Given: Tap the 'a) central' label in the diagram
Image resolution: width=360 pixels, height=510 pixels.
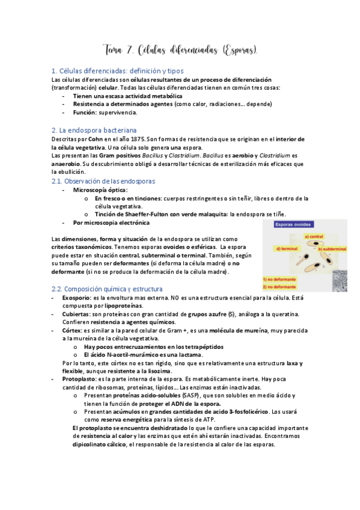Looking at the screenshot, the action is click(314, 236).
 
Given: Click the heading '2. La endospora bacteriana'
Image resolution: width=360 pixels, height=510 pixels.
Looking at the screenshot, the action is click(94, 129).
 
